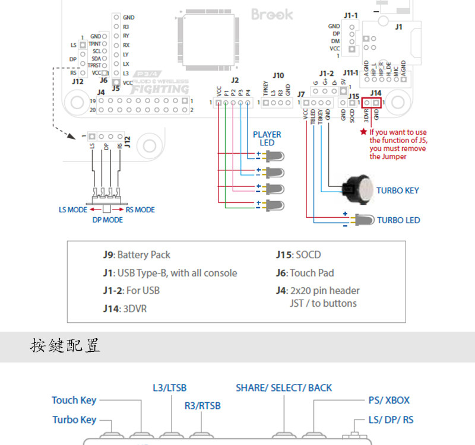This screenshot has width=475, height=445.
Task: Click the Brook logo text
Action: [x=272, y=14]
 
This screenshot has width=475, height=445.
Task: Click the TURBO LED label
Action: [x=398, y=220]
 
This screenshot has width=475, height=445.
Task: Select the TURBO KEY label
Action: [x=397, y=190]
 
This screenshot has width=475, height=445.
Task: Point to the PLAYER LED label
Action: [x=267, y=138]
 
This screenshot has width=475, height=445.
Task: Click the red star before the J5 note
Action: [x=363, y=132]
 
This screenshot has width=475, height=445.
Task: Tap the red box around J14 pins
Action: [x=371, y=102]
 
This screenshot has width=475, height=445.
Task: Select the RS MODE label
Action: [x=140, y=209]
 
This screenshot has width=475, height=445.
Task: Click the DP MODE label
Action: [x=107, y=220]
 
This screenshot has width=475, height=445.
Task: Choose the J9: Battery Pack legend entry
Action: [x=137, y=255]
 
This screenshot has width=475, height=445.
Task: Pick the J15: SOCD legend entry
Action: [x=298, y=255]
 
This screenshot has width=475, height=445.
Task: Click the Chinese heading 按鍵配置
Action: [x=65, y=345]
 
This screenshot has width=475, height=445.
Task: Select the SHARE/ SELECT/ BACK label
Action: [x=284, y=388]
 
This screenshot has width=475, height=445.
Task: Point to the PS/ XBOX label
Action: [x=388, y=401]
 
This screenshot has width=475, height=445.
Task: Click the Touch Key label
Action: [x=74, y=401]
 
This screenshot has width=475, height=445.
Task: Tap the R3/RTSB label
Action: [x=202, y=406]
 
